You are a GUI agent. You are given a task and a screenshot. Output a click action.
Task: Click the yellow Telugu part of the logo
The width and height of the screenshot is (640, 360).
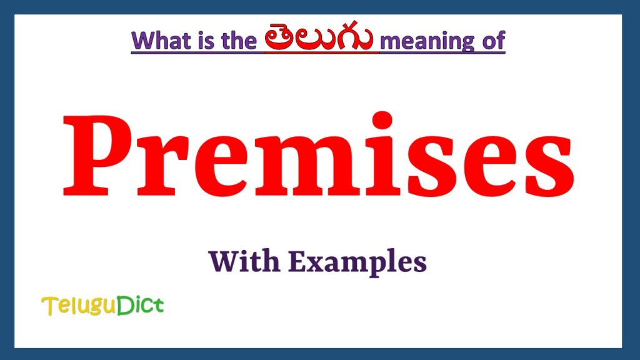tap(75, 306)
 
